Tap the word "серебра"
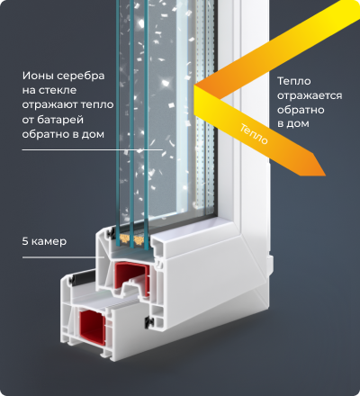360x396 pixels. [81, 76]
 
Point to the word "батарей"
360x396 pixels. [60, 120]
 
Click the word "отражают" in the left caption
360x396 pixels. [47, 105]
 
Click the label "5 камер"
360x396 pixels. [44, 241]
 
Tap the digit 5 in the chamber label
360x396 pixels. [25, 241]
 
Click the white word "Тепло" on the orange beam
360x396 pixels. [254, 134]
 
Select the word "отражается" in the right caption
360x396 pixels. [310, 96]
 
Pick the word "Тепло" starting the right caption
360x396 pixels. [294, 81]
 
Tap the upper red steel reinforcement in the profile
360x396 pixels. [132, 276]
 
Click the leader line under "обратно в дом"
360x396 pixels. [93, 149]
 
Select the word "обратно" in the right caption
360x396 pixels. [301, 110]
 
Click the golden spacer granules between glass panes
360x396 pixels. [132, 239]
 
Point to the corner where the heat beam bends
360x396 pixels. [195, 86]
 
